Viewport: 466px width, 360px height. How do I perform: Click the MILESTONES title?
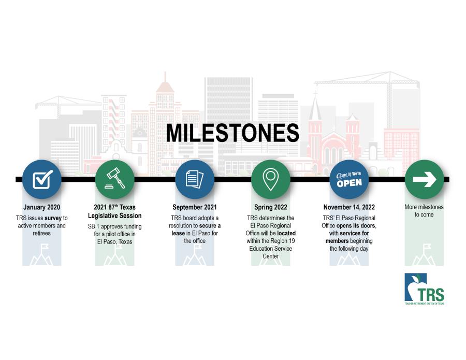pyautogui.click(x=232, y=133)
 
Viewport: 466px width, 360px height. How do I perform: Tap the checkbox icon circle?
pyautogui.click(x=42, y=179)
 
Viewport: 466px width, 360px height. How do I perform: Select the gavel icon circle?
pyautogui.click(x=115, y=179)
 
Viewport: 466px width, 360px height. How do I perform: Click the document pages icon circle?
pyautogui.click(x=195, y=179)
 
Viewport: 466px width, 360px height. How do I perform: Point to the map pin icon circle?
pyautogui.click(x=270, y=179)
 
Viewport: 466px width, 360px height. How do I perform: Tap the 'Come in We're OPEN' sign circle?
pyautogui.click(x=349, y=179)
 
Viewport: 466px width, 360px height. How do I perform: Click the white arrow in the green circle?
pyautogui.click(x=425, y=179)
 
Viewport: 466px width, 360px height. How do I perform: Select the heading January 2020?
pyautogui.click(x=41, y=207)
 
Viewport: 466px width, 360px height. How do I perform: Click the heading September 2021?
pyautogui.click(x=195, y=207)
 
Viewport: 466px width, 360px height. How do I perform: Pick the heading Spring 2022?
pyautogui.click(x=270, y=207)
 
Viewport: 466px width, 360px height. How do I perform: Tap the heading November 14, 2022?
pyautogui.click(x=349, y=207)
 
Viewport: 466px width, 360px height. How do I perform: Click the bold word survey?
pyautogui.click(x=53, y=218)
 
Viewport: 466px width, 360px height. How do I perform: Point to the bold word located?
pyautogui.click(x=286, y=234)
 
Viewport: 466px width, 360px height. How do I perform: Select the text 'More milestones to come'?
pyautogui.click(x=424, y=211)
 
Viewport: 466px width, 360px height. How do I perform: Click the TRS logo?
pyautogui.click(x=425, y=289)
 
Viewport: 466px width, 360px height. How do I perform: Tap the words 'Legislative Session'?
pyautogui.click(x=115, y=216)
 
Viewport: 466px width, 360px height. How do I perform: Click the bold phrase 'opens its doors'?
pyautogui.click(x=356, y=226)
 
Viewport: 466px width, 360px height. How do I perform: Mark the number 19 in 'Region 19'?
pyautogui.click(x=292, y=241)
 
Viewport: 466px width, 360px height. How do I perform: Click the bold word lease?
pyautogui.click(x=178, y=234)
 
